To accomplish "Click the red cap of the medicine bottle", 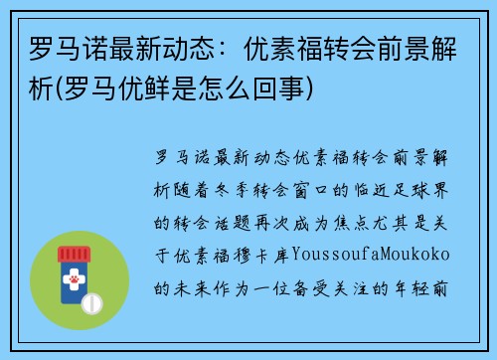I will click(72, 254).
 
